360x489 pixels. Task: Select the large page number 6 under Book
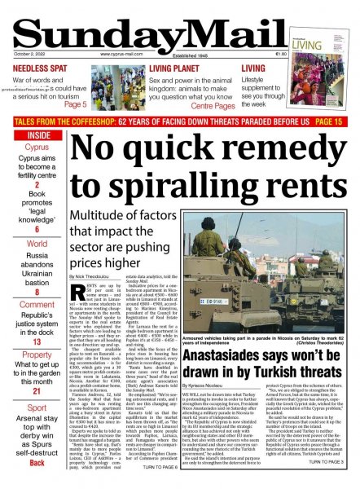point(37,231)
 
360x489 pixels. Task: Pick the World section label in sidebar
point(37,244)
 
